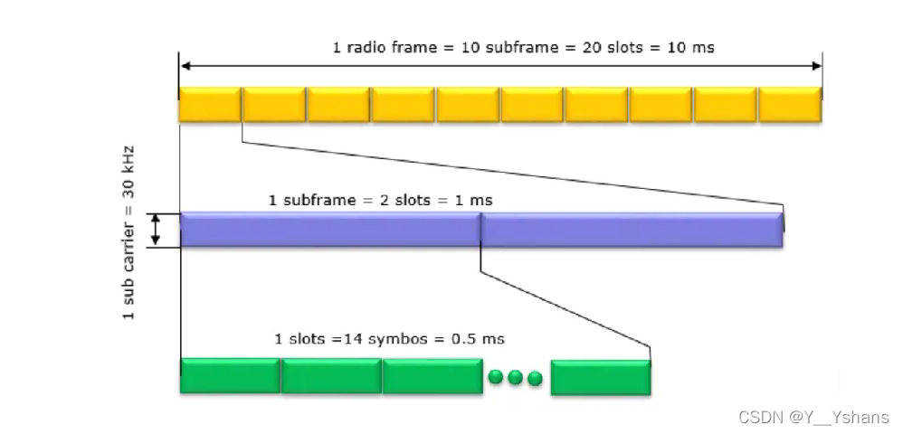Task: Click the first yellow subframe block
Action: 210,104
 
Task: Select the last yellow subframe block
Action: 790,104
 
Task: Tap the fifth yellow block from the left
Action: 468,104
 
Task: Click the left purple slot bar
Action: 330,230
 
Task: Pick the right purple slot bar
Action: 632,230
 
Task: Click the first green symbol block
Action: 230,376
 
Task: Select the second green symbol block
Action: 331,376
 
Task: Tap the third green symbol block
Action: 432,376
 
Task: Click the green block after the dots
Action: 600,376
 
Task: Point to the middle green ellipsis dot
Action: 516,377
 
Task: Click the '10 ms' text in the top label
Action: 692,47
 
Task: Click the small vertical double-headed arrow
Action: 156,230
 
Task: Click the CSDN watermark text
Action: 813,417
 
